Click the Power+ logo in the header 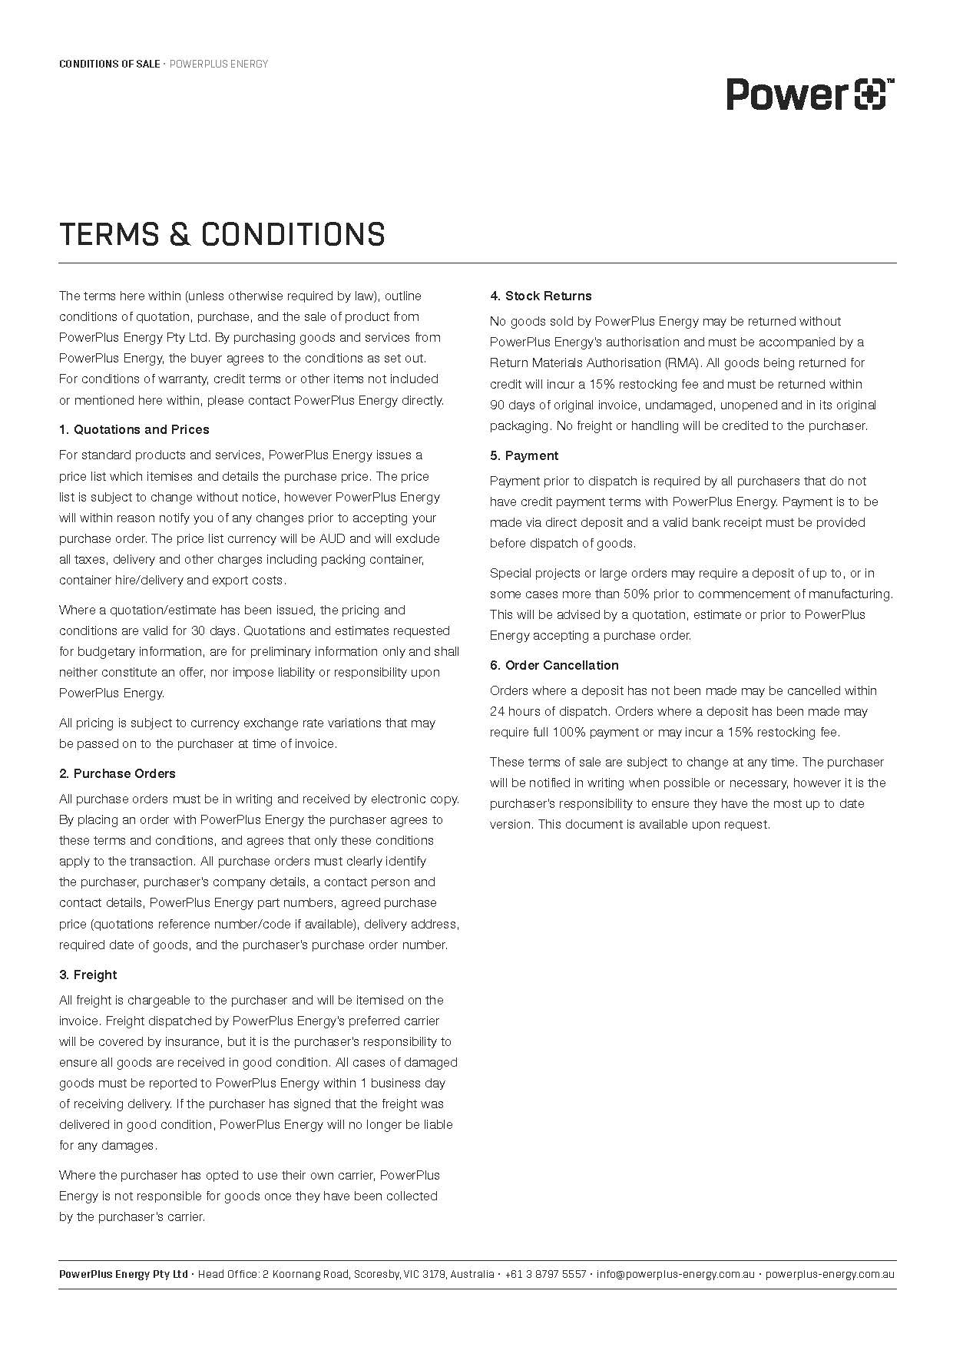pos(810,94)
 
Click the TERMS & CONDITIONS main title pos(222,234)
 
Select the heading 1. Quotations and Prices pos(134,429)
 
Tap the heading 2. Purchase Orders pos(117,773)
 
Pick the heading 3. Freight pos(88,975)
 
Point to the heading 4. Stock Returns pos(541,296)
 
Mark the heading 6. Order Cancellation pos(554,665)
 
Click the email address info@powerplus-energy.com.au pos(676,1274)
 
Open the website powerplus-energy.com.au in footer pos(829,1274)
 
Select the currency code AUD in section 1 pos(333,538)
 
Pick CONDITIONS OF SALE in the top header pos(108,64)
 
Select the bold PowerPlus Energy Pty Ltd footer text pos(123,1274)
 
